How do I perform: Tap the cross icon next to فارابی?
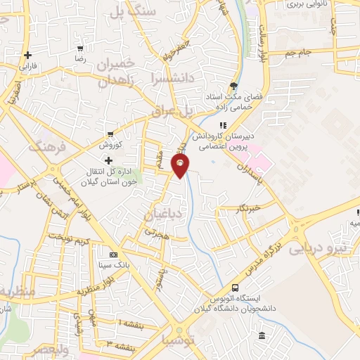point(27,55)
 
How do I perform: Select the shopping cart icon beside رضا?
point(81,49)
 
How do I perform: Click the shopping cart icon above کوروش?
point(110,133)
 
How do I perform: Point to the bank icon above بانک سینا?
point(113,255)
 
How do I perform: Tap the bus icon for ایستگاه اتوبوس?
point(235,288)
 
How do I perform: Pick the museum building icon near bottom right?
point(262,337)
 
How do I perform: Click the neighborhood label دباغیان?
point(162,213)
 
